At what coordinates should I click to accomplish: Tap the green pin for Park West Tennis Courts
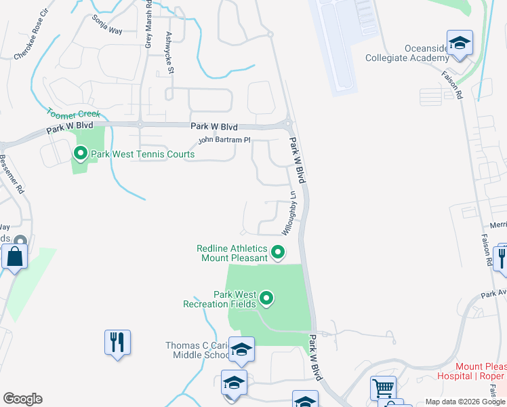(x=80, y=154)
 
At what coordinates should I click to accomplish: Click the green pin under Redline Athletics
(x=277, y=253)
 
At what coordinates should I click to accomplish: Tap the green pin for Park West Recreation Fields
(x=266, y=298)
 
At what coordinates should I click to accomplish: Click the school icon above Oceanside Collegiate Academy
(x=460, y=43)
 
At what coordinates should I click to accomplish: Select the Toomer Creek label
(x=73, y=114)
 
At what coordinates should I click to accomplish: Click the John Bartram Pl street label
(x=224, y=140)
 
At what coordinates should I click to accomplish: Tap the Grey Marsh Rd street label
(x=148, y=24)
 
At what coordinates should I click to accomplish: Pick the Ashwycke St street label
(x=170, y=54)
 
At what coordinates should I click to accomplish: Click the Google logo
(x=22, y=399)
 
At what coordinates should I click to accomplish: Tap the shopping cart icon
(x=383, y=389)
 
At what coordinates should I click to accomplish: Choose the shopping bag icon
(x=14, y=258)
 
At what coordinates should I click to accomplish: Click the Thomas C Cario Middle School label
(x=198, y=350)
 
